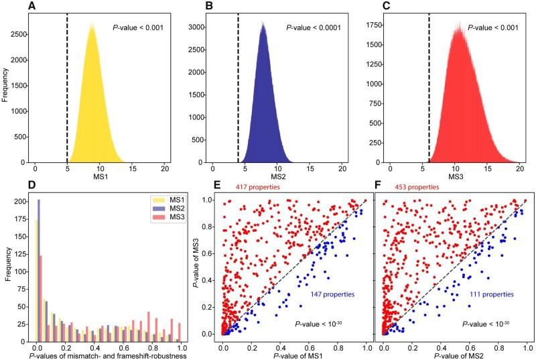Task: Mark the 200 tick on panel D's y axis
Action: [x=25, y=201]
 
